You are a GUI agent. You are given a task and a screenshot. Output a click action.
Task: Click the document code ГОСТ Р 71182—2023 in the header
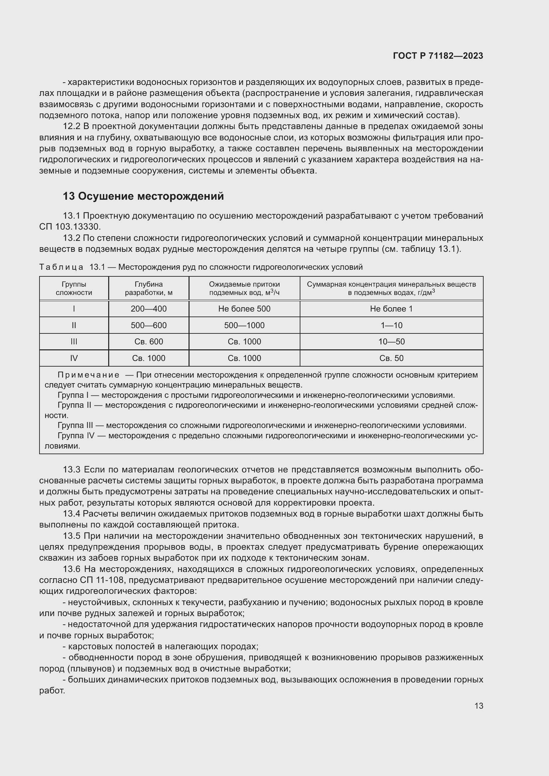438,56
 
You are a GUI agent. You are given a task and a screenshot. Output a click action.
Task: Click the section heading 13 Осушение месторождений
143,196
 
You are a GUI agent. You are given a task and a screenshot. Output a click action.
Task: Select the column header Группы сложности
74,288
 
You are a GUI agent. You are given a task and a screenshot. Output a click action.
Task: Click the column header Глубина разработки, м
149,288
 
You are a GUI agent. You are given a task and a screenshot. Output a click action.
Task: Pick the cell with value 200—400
149,309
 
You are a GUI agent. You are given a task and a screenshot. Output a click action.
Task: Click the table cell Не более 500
244,309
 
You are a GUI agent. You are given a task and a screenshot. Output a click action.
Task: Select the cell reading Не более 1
391,309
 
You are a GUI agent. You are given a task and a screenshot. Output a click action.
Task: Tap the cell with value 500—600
149,325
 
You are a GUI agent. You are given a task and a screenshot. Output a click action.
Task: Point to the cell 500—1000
244,325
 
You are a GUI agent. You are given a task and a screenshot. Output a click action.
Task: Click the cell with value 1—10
391,325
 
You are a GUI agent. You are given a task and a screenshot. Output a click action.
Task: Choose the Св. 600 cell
149,342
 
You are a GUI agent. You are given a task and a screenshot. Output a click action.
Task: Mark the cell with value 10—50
391,342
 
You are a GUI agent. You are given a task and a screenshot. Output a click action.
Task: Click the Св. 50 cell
391,358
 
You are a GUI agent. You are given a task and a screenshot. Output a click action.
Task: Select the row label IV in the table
74,358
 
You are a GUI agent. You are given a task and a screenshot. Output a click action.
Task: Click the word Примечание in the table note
89,375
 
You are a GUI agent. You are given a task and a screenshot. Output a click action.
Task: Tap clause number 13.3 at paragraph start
71,470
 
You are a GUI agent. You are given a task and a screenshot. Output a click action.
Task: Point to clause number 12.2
71,127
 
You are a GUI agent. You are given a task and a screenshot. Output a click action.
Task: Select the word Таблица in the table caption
61,267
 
